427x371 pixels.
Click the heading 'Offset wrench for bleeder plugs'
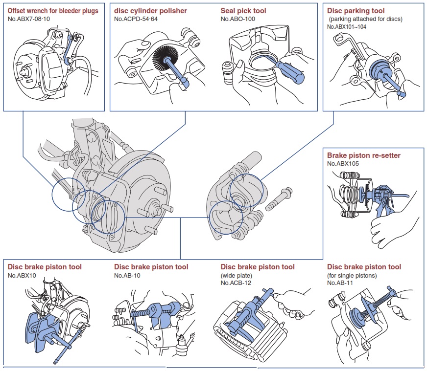coord(53,11)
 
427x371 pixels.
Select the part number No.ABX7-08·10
coord(29,19)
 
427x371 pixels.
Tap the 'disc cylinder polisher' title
coord(150,11)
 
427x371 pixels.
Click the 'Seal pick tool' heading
coord(243,11)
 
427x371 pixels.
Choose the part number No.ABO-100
coord(237,19)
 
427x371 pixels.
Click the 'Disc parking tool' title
coord(356,11)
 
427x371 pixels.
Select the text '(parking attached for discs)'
coord(365,19)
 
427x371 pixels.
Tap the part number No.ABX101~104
coord(347,26)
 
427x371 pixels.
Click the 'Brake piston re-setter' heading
coord(363,155)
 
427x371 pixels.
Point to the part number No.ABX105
coord(343,164)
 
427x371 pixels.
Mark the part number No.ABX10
coord(22,276)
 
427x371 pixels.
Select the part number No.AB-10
coord(127,276)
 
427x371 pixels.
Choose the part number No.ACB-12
coord(236,283)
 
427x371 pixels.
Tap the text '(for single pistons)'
coord(352,276)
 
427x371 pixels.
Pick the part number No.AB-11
coord(340,283)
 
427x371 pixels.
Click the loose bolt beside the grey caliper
coord(279,199)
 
